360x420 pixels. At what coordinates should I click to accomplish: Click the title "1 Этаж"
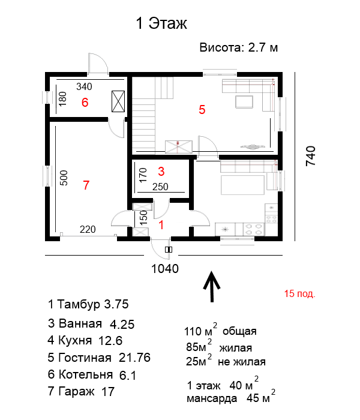tap(161, 23)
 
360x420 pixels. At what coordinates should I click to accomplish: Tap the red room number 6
tap(85, 103)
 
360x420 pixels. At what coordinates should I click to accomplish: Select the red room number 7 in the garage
tap(86, 185)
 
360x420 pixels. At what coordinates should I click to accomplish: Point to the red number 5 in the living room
tap(202, 110)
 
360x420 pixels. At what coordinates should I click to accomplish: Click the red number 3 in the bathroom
tap(161, 172)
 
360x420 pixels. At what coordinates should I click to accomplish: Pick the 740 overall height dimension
tap(311, 156)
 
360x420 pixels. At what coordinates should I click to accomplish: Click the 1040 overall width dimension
tap(165, 269)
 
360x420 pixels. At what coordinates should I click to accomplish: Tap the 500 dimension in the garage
tap(64, 178)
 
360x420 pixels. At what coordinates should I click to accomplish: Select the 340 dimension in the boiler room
tap(84, 86)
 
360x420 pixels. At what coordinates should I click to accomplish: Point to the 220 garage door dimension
tap(88, 229)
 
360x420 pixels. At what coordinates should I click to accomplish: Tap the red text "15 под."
tap(300, 294)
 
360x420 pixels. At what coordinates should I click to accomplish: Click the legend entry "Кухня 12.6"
tap(85, 340)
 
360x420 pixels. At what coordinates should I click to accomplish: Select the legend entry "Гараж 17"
tap(81, 391)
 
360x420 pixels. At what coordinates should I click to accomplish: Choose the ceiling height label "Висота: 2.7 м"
tap(239, 47)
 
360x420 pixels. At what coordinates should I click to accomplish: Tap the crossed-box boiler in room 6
tap(118, 101)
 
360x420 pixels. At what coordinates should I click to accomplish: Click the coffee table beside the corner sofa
tap(244, 102)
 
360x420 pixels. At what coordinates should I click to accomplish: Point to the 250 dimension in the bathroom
tap(160, 187)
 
